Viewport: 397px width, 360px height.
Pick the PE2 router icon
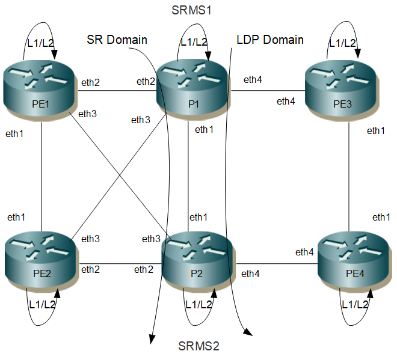pyautogui.click(x=42, y=263)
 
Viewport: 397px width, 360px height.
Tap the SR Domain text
pyautogui.click(x=117, y=40)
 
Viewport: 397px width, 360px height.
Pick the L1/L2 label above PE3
pyautogui.click(x=342, y=43)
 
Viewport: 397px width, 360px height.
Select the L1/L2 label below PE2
pyautogui.click(x=42, y=305)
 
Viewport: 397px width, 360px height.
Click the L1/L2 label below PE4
pyautogui.click(x=355, y=305)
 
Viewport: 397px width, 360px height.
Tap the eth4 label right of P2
pyautogui.click(x=251, y=274)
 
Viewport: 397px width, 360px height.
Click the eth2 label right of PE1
pyautogui.click(x=90, y=82)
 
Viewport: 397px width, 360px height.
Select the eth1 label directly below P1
pyautogui.click(x=205, y=129)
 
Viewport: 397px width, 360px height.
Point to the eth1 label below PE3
pyautogui.click(x=376, y=131)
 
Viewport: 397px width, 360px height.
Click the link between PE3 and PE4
pyautogui.click(x=349, y=174)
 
